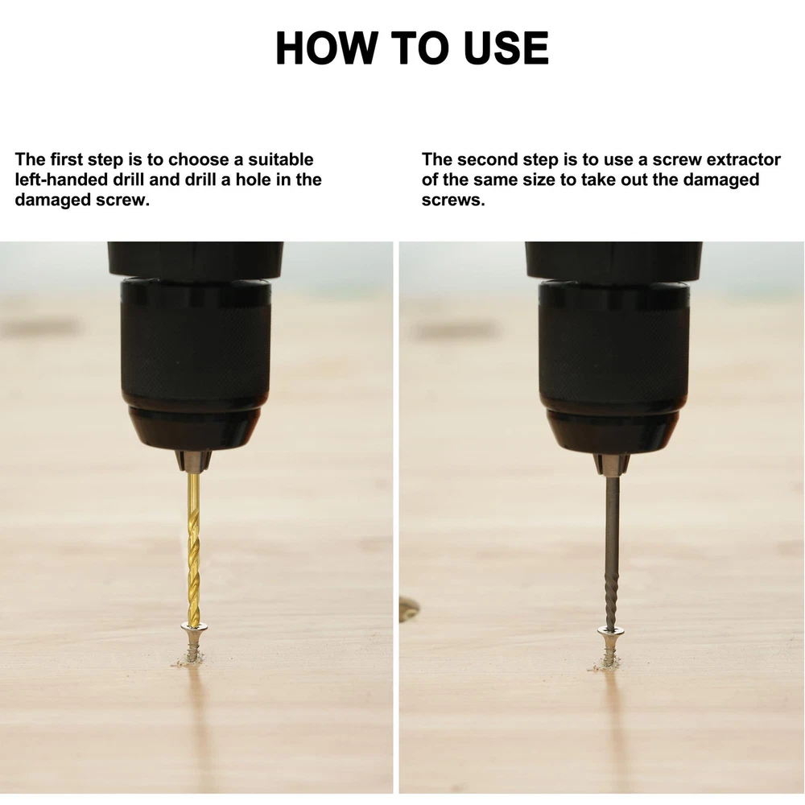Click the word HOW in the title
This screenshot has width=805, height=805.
326,47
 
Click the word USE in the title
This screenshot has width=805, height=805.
506,47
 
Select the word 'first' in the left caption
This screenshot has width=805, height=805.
67,159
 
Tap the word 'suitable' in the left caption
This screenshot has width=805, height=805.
281,159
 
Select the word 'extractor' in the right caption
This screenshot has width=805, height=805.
743,159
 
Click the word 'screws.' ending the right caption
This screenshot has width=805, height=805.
453,200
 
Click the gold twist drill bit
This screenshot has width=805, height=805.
193,549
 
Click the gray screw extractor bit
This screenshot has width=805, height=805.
612,553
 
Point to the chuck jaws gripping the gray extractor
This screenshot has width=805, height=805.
612,464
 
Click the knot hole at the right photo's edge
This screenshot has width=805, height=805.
408,609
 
